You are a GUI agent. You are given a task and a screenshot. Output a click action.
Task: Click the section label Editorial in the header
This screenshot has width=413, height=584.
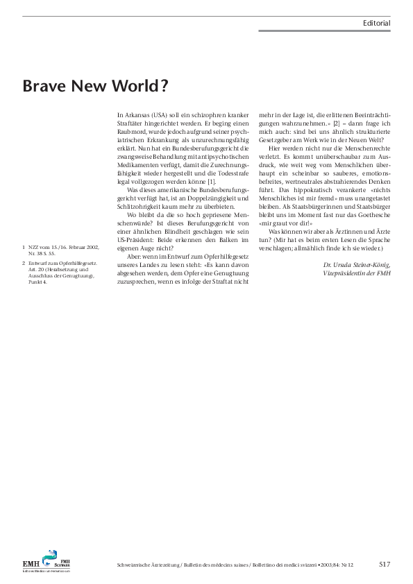pos(376,23)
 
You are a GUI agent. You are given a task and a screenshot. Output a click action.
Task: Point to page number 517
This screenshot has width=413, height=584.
pos(385,564)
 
